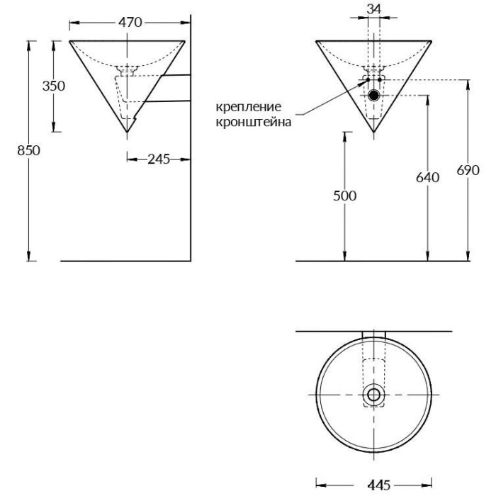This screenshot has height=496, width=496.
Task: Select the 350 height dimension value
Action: coord(54,86)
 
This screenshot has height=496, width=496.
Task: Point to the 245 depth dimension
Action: coord(159,159)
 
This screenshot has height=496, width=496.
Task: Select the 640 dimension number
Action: coord(428,177)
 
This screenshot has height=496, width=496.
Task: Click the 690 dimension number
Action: coord(468,170)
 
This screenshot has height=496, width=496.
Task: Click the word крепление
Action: coord(249,107)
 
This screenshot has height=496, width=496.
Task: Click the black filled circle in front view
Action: coord(373,94)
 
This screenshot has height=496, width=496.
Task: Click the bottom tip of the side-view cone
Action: coord(126,133)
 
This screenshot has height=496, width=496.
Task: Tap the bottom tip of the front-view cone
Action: coord(373,133)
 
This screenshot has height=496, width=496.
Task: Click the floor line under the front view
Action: coord(383,261)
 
